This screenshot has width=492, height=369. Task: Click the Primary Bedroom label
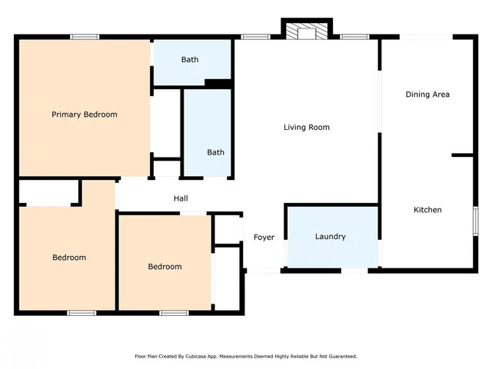(85, 115)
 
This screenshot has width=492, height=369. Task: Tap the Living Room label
(307, 127)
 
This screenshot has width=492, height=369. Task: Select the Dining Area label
(427, 95)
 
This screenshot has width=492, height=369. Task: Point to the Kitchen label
(427, 210)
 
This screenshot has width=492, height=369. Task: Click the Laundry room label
(331, 237)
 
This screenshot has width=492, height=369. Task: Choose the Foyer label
(264, 238)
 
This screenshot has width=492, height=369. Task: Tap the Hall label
(181, 198)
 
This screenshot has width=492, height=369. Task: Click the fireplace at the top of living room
(307, 31)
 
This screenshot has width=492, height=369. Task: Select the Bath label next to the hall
(215, 152)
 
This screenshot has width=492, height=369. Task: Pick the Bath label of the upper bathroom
(190, 60)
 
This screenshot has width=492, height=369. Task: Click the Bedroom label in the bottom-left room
(69, 258)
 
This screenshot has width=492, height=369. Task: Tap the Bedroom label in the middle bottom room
(165, 267)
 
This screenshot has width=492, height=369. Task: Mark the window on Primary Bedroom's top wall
(85, 36)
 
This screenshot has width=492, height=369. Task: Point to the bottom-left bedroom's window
(81, 312)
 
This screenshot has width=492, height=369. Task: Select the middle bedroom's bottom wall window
(174, 312)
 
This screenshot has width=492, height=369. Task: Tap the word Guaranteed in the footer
(342, 357)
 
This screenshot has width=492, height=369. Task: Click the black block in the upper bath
(218, 84)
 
